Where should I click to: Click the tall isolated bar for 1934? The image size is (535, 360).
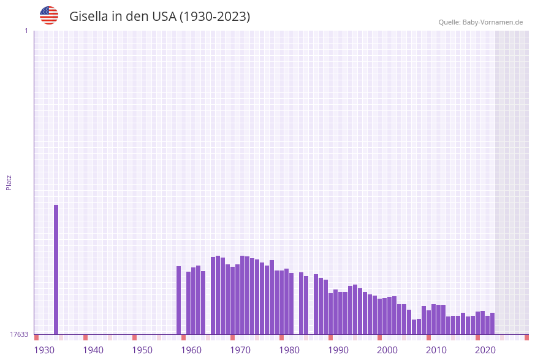[56, 269]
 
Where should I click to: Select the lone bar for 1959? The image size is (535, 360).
[178, 300]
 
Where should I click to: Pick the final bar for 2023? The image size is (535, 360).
[492, 323]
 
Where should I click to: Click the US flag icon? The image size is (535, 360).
[49, 16]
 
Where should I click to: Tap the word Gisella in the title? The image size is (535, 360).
[88, 17]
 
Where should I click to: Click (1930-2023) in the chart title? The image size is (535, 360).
[214, 17]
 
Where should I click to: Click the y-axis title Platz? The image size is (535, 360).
[9, 182]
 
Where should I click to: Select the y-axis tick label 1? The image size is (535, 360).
[26, 31]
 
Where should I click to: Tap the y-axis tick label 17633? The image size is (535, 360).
[19, 334]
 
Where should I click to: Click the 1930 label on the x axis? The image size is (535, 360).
[44, 350]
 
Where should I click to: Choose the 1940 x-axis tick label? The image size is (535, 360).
[93, 350]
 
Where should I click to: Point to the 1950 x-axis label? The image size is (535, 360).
[142, 350]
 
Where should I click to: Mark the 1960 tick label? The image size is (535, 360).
[191, 350]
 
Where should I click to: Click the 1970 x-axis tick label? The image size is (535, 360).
[240, 350]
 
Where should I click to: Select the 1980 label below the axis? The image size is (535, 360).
[289, 350]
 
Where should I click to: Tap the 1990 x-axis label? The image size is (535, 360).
[338, 350]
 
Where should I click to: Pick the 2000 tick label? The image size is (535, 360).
[387, 350]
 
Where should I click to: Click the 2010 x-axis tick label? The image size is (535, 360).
[436, 350]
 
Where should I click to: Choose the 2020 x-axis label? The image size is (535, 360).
[485, 350]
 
